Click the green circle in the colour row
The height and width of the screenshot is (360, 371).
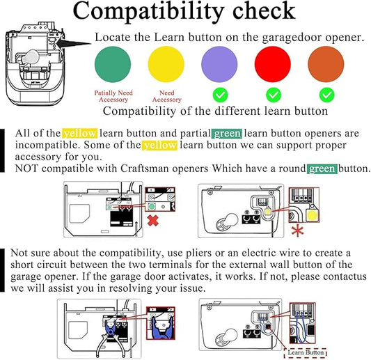click(x=113, y=64)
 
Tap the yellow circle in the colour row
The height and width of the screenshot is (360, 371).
click(x=166, y=64)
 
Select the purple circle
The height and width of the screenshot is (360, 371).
click(x=219, y=64)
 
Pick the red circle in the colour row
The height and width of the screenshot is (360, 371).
click(x=273, y=64)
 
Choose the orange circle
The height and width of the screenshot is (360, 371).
click(x=326, y=64)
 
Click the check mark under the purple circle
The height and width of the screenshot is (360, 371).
click(x=220, y=95)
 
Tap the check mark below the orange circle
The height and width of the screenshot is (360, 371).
click(x=327, y=95)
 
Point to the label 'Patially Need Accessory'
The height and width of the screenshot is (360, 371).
click(x=113, y=96)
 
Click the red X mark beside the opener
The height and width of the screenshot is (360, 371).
click(x=153, y=221)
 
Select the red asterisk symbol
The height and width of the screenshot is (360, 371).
click(x=298, y=231)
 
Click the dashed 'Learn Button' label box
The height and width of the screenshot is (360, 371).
click(x=306, y=352)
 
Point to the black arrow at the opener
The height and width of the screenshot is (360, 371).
click(x=73, y=43)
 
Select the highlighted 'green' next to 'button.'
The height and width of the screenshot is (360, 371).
click(x=322, y=169)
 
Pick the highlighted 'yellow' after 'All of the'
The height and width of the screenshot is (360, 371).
click(x=80, y=133)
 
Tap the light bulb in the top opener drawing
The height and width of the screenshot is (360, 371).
click(x=29, y=56)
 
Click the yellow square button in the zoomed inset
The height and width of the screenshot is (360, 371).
click(x=312, y=215)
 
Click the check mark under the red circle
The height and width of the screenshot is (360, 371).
click(x=274, y=95)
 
